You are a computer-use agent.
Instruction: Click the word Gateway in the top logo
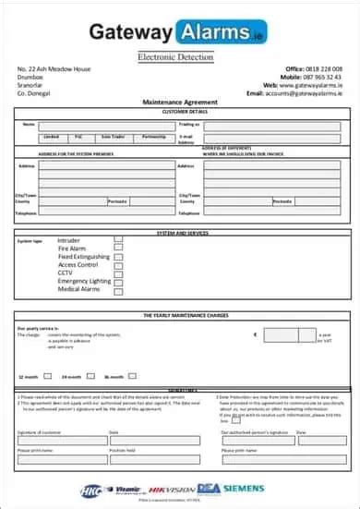130,33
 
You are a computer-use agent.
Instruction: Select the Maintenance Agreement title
180,102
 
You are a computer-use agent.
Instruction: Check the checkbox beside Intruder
117,239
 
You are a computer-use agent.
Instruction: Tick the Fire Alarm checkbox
117,248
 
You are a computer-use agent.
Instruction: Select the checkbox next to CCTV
117,273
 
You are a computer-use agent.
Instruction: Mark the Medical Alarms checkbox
117,289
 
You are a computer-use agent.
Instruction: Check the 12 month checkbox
47,377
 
